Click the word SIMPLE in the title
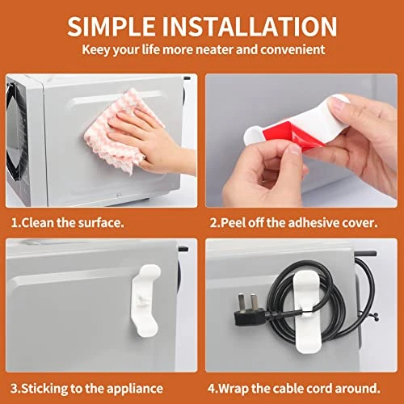coord(112,26)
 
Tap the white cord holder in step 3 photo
coord(145,301)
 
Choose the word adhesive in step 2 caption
coord(313,223)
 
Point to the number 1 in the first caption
coord(14,223)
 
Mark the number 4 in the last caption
coord(211,389)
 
